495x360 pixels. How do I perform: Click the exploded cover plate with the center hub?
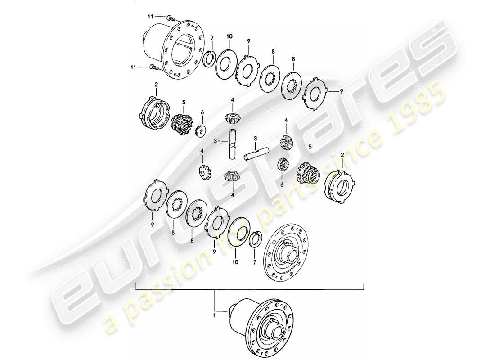[287, 254]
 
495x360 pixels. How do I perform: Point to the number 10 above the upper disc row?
[229, 36]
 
